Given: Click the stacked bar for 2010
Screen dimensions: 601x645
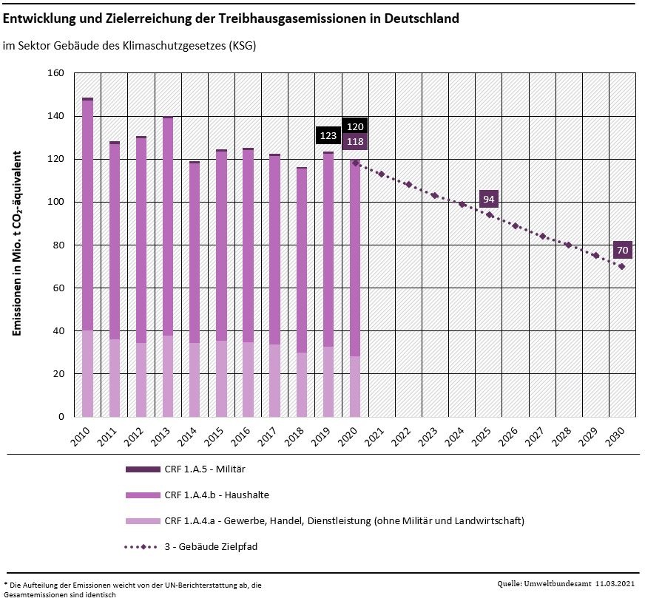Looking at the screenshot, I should pos(87,259).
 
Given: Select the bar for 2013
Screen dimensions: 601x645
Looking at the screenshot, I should pos(168,259).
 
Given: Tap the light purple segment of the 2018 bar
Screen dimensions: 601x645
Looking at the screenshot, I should pos(302,384).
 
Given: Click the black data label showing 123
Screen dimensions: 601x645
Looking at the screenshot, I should pos(328,136).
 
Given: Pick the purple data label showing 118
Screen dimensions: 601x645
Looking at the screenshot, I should pos(355,141).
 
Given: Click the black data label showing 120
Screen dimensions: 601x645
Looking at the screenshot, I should pos(355,126).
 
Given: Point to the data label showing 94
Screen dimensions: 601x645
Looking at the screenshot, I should pos(488,199).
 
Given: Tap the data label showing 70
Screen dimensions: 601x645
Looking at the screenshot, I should pos(622,250).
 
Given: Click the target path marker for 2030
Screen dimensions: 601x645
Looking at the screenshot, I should pos(622,266).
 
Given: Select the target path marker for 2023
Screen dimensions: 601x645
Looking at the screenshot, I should pos(435,196).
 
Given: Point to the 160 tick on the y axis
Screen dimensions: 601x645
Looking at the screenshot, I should pos(56,73).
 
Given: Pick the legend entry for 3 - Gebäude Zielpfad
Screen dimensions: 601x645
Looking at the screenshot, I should pos(210,546).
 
